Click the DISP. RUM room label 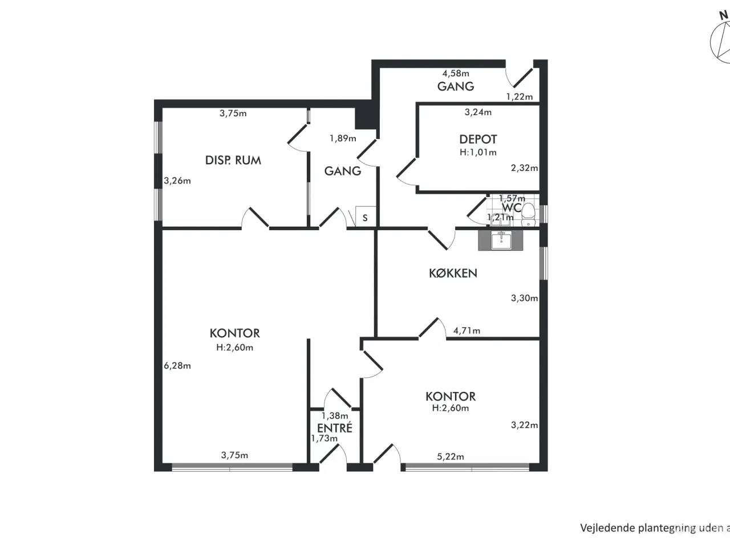click(233, 160)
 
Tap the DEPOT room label click(478, 139)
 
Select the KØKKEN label click(453, 273)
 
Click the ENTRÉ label click(335, 427)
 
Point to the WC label click(512, 207)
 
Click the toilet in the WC click(529, 213)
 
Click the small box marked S click(365, 218)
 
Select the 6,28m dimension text click(177, 366)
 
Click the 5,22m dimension click(451, 456)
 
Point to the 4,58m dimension click(456, 73)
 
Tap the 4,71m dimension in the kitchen click(467, 330)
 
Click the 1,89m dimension click(343, 138)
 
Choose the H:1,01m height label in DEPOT click(478, 152)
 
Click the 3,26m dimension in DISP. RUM click(177, 181)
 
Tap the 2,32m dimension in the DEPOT click(524, 168)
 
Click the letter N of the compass click(723, 16)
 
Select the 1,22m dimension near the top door click(519, 97)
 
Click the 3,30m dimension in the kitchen click(524, 297)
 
